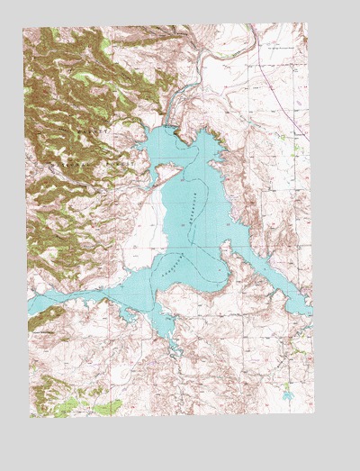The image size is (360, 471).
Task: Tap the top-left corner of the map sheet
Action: pos(24,27)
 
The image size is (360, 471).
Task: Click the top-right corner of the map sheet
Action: pos(307,23)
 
